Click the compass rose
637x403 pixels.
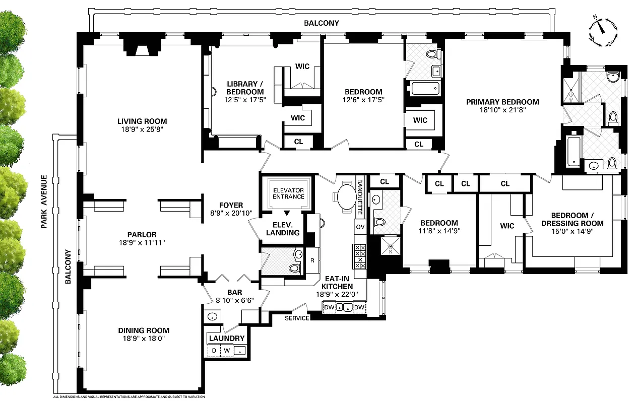pyautogui.click(x=603, y=32)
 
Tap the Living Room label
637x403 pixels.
pyautogui.click(x=142, y=121)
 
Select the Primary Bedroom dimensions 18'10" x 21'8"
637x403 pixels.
pyautogui.click(x=502, y=110)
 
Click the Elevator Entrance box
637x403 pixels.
pyautogui.click(x=288, y=193)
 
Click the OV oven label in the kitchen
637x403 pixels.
pyautogui.click(x=360, y=227)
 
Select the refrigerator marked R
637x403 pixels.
pyautogui.click(x=312, y=261)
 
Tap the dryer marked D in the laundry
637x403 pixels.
pyautogui.click(x=214, y=350)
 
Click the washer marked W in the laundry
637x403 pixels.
pyautogui.click(x=227, y=350)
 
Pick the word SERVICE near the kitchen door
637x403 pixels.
pyautogui.click(x=297, y=318)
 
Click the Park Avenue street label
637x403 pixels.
pyautogui.click(x=44, y=202)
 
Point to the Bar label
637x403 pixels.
pyautogui.click(x=235, y=292)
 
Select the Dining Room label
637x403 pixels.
pyautogui.click(x=144, y=330)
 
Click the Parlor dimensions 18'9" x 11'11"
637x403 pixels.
pyautogui.click(x=142, y=243)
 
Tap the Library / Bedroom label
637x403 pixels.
pyautogui.click(x=245, y=88)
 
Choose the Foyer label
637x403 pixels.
pyautogui.click(x=231, y=205)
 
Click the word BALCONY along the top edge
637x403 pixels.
pyautogui.click(x=322, y=23)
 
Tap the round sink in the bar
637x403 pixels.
pyautogui.click(x=213, y=317)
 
